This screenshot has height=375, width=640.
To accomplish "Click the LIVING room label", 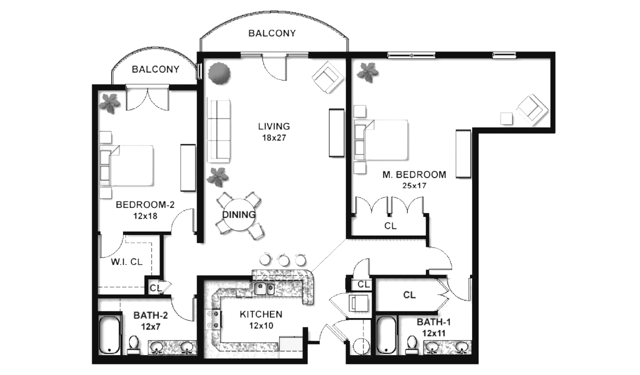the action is [x=273, y=126].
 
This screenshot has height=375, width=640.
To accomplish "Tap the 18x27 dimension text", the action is [x=274, y=138].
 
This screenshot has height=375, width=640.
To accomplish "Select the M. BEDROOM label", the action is [x=414, y=174].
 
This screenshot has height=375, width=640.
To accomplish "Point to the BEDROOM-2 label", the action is [x=145, y=204].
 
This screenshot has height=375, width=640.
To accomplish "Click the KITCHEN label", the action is [x=261, y=314].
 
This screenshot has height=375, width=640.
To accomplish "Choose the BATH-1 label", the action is [x=433, y=322].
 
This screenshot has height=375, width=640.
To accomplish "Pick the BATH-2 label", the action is [x=150, y=315].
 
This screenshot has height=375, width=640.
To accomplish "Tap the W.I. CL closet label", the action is [x=126, y=262].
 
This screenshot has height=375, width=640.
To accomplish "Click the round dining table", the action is [x=239, y=214].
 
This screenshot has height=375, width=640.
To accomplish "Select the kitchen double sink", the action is [x=264, y=288].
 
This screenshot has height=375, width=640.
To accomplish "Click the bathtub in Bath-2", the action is [x=109, y=335].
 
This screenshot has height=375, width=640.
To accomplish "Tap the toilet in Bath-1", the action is [x=411, y=345].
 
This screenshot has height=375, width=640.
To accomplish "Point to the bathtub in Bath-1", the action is [x=386, y=335].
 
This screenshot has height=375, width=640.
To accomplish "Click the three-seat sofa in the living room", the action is [x=219, y=131].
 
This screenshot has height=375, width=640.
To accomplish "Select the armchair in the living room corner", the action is [x=327, y=77].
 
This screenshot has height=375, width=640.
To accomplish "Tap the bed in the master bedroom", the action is [x=381, y=140].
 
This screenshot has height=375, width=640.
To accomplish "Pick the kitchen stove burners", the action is [x=213, y=319].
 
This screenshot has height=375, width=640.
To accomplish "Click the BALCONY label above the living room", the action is [x=272, y=33].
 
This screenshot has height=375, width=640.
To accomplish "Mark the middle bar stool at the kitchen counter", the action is [x=283, y=259].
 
